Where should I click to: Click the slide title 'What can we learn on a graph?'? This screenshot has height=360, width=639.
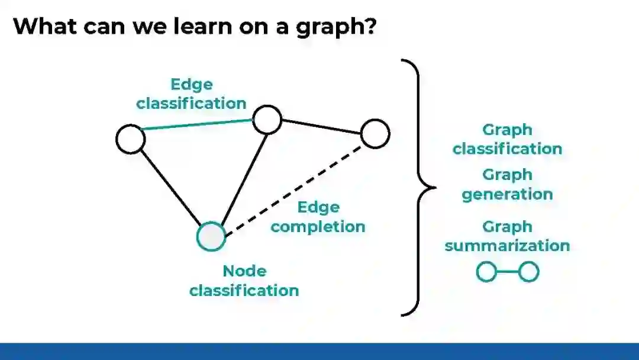195,27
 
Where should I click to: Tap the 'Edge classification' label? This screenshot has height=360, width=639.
191,94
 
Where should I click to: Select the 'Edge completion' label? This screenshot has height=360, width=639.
318,217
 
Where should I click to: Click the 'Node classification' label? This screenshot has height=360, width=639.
244,281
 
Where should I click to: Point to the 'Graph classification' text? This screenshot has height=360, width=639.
507,139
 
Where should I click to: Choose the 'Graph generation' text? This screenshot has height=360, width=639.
507,185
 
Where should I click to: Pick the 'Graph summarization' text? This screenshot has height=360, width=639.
507,236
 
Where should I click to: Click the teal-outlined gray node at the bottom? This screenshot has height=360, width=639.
211,237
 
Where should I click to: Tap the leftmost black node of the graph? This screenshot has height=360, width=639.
130,139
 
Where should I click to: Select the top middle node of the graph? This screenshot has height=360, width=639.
267,120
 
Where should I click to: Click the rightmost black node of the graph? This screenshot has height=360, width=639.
375,133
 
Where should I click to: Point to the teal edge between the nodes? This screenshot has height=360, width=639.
198,124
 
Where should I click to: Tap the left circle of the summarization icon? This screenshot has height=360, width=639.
487,272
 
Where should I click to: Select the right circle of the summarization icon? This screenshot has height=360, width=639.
528,272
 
